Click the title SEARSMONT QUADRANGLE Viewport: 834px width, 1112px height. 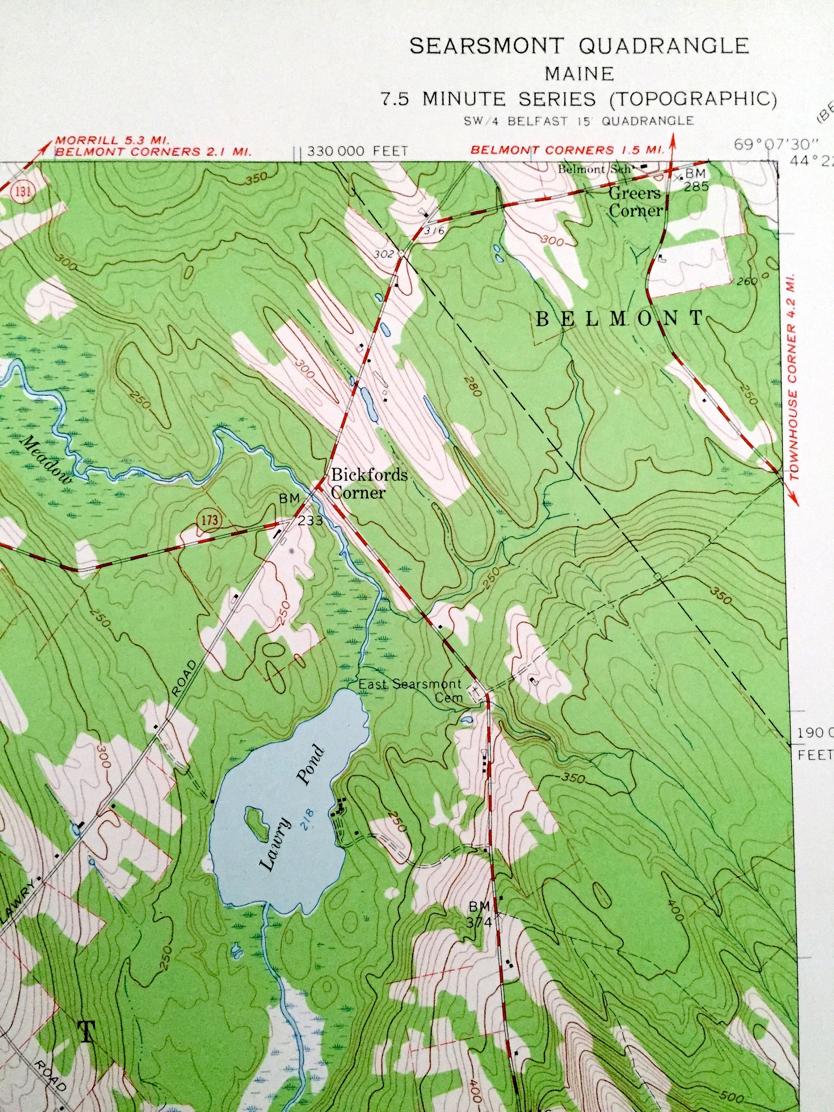pyautogui.click(x=579, y=46)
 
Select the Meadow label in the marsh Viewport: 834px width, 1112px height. pyautogui.click(x=47, y=459)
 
